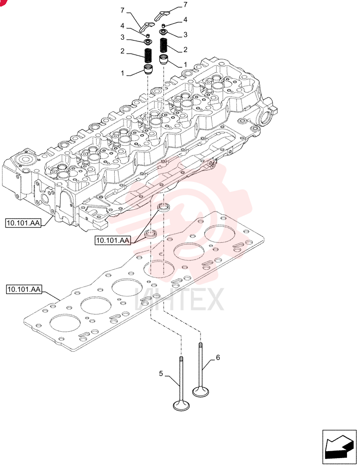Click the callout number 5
161,374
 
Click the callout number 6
218,357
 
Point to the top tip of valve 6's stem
201,343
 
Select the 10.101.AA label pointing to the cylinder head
23,223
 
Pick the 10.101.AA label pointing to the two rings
113,240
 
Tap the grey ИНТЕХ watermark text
179,300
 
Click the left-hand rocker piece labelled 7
147,27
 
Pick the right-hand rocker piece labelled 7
162,15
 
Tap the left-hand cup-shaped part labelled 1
148,70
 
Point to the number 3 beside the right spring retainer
185,35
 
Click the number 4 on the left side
122,26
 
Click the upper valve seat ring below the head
163,207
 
